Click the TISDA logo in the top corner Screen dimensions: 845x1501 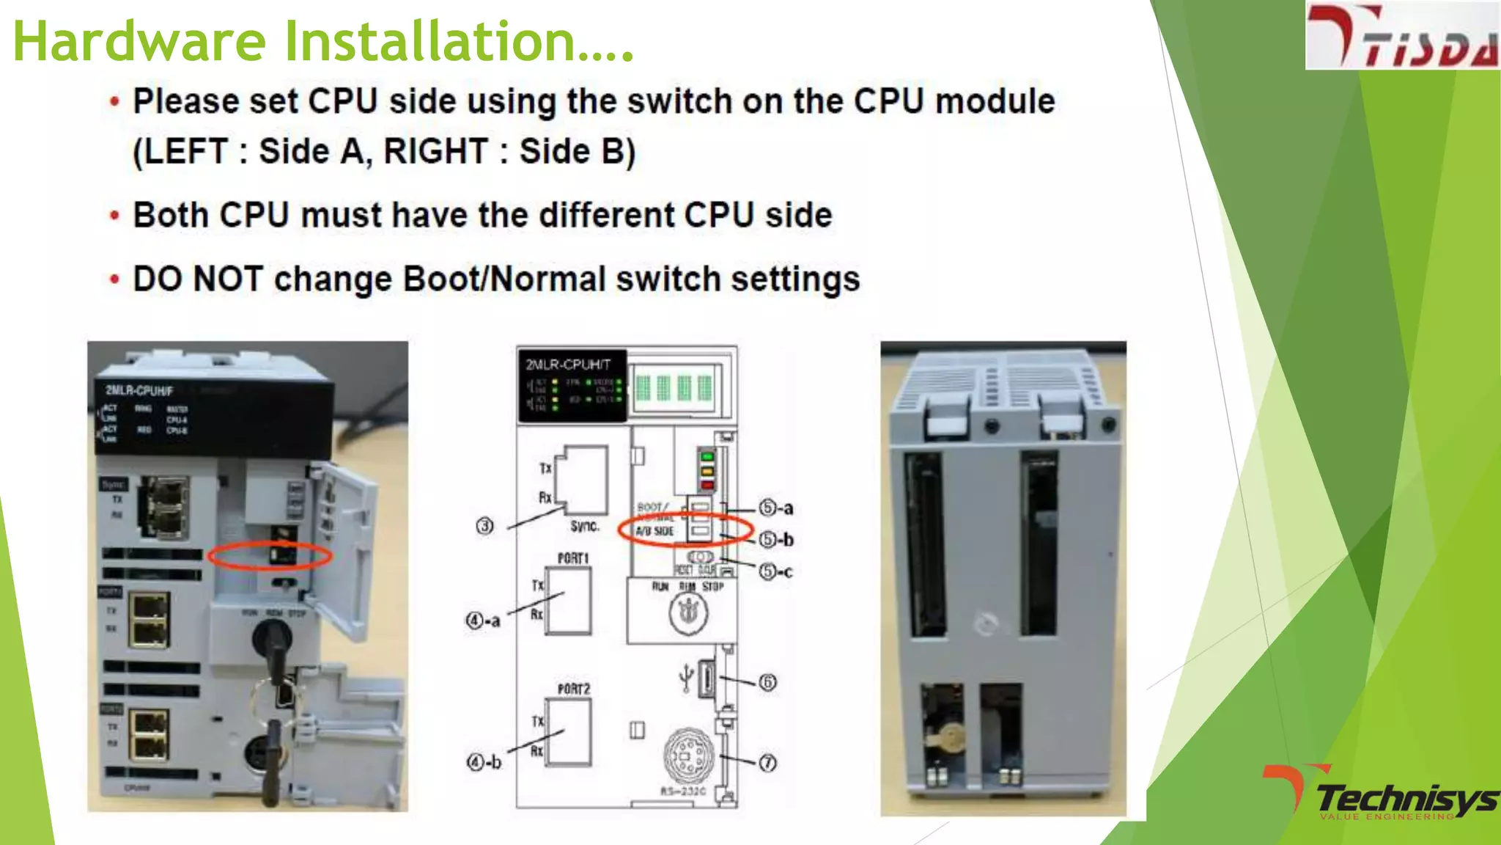pyautogui.click(x=1401, y=35)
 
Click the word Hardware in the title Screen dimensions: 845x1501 pyautogui.click(x=139, y=41)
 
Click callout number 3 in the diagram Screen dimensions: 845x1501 pyautogui.click(x=484, y=526)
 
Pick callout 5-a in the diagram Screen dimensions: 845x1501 pyautogui.click(x=775, y=508)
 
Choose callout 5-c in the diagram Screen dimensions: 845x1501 pyautogui.click(x=775, y=571)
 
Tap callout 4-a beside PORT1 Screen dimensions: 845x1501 pyautogui.click(x=483, y=621)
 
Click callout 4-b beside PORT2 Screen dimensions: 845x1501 pyautogui.click(x=484, y=762)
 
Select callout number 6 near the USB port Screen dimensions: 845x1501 pyautogui.click(x=767, y=682)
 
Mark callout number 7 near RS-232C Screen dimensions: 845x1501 pyautogui.click(x=767, y=763)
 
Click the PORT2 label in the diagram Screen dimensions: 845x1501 pyautogui.click(x=573, y=689)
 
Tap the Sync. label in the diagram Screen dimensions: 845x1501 pyautogui.click(x=584, y=526)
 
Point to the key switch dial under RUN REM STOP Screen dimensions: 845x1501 pyautogui.click(x=687, y=613)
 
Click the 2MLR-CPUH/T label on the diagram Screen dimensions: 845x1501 pyautogui.click(x=567, y=365)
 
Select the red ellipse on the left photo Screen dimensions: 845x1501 pyautogui.click(x=270, y=555)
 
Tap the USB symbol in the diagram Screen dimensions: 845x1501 pyautogui.click(x=685, y=678)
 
